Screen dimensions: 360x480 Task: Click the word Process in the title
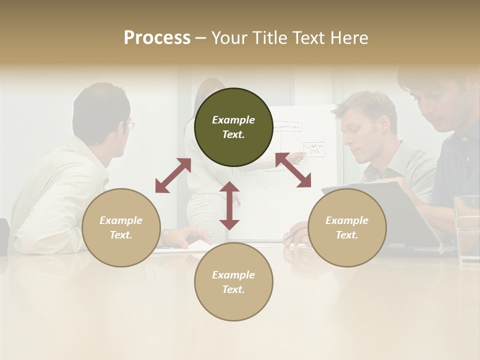click(x=157, y=38)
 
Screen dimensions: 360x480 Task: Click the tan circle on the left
click(x=121, y=227)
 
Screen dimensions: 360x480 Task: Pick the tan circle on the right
click(x=347, y=227)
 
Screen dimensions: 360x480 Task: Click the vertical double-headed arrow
click(x=229, y=205)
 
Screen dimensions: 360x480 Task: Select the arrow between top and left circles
click(x=173, y=175)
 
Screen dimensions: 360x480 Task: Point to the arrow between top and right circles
click(x=293, y=170)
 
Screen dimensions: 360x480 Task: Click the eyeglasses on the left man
click(x=130, y=124)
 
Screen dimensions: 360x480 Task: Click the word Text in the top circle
click(x=233, y=134)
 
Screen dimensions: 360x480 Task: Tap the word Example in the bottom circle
click(x=233, y=274)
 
